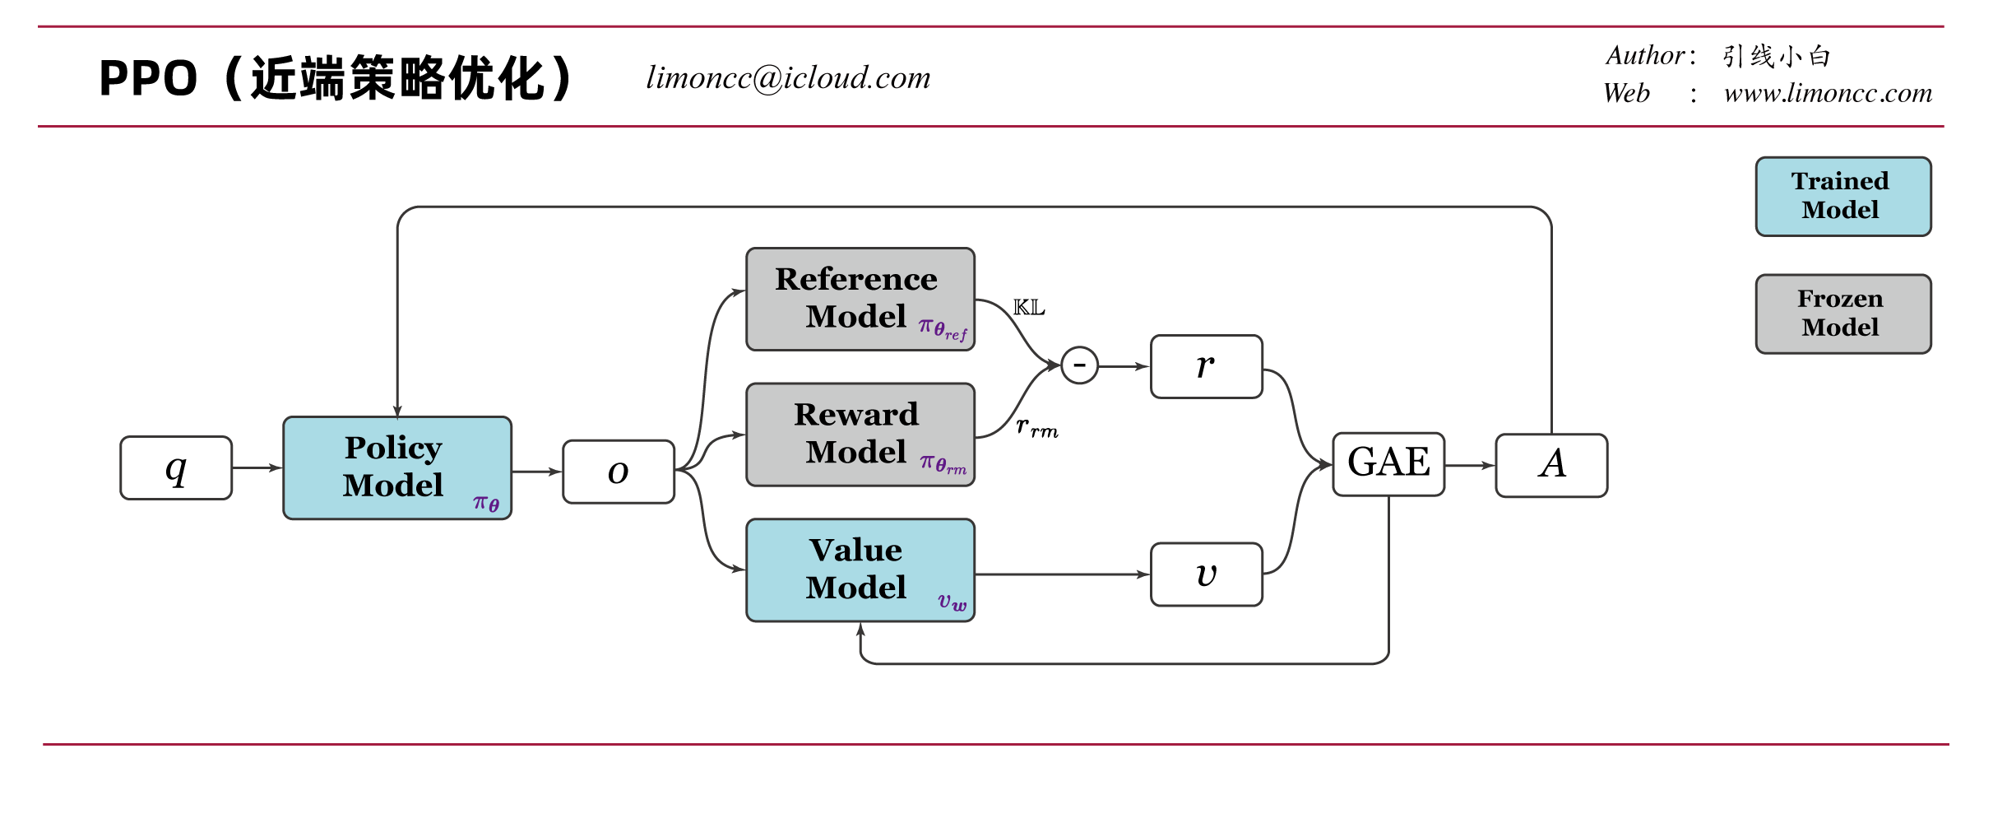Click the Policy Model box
(x=397, y=467)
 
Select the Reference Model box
(x=860, y=300)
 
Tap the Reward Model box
(x=860, y=435)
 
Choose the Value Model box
(x=860, y=570)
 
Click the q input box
(x=176, y=467)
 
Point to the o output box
(x=619, y=472)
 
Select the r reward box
(x=1207, y=366)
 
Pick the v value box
(x=1207, y=574)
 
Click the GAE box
(x=1388, y=464)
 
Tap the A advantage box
(x=1551, y=465)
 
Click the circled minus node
(x=1079, y=365)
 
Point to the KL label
(x=1029, y=308)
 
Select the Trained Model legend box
(x=1843, y=197)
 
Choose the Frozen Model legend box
(x=1843, y=314)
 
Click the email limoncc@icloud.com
(x=788, y=78)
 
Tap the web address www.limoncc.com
(x=1828, y=93)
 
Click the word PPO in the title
(x=148, y=79)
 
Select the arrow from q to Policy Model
(x=257, y=467)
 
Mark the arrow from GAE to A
(x=1470, y=465)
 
